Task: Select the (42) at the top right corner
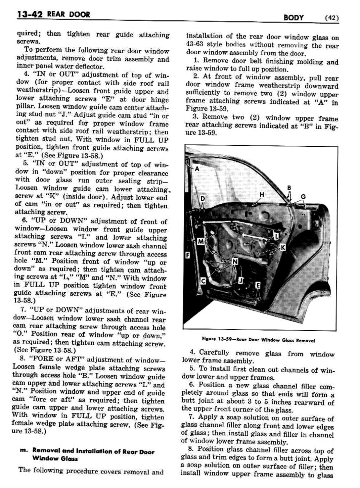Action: coord(332,18)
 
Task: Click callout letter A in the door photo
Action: coord(197,169)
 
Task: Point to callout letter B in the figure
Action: coord(289,188)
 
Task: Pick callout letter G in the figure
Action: coord(303,197)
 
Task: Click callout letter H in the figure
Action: coord(262,195)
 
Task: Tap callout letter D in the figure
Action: coord(203,199)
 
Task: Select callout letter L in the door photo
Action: coord(276,236)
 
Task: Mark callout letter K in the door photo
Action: coord(283,247)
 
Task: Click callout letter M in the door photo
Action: coord(200,241)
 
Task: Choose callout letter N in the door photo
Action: coord(235,261)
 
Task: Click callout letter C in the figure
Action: coord(203,281)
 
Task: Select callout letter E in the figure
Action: coord(258,285)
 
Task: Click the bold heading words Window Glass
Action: coord(55,459)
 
